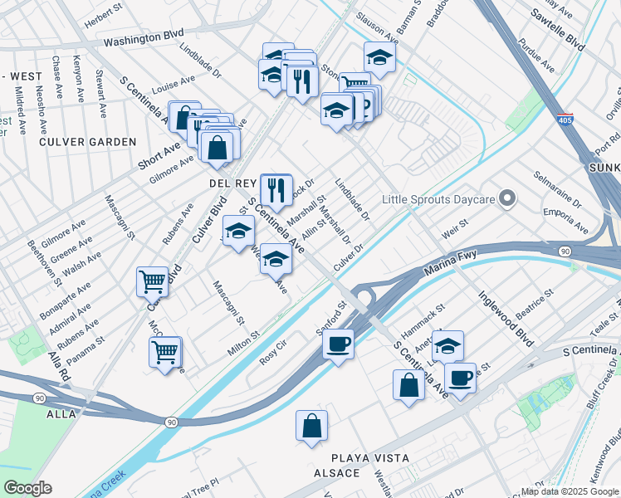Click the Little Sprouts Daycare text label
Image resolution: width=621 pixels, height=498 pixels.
pos(438,199)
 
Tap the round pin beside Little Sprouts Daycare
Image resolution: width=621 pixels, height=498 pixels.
pos(510,199)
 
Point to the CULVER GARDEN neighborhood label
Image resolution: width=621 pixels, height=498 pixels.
pos(88,142)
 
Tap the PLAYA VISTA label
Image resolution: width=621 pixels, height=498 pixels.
pos(370,458)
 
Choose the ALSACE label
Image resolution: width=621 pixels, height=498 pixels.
pos(336,473)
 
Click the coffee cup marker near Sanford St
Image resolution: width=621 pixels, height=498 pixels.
pos(338,343)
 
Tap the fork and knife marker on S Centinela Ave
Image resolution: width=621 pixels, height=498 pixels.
pos(276,189)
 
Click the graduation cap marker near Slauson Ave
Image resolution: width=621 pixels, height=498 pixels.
pos(379,56)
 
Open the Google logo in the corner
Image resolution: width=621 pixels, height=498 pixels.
pos(27,488)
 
